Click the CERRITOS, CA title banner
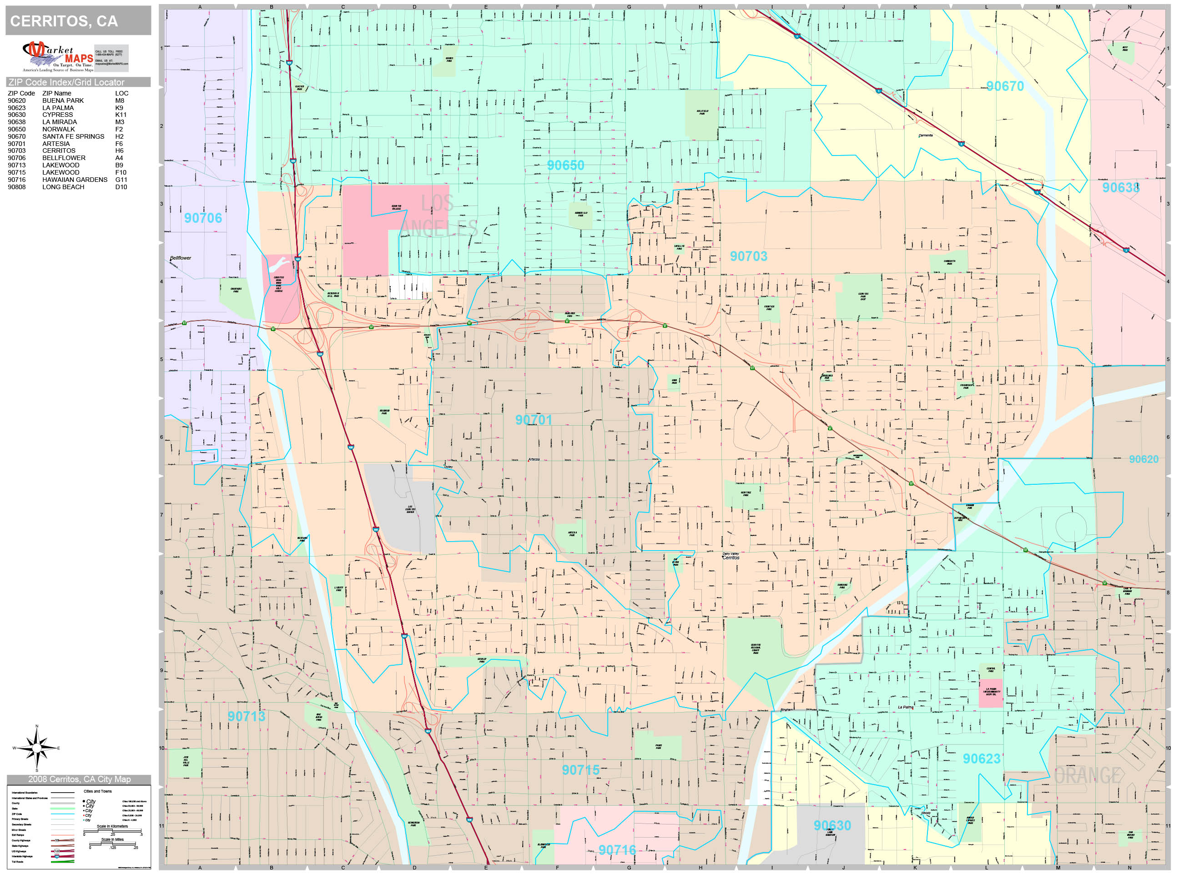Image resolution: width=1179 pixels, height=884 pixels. pos(78,21)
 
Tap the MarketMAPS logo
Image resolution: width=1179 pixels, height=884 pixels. pos(58,56)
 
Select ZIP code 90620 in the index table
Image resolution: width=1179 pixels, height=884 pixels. pos(16,100)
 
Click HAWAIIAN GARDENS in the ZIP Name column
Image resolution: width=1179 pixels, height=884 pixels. pos(75,180)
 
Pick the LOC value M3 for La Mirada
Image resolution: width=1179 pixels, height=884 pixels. pos(119,122)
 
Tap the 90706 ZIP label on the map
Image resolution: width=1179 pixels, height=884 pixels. pos(202,218)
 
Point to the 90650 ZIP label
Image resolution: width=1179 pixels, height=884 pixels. pos(565,166)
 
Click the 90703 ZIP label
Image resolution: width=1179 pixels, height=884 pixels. pos(748,256)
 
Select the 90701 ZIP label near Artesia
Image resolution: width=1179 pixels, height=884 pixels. pos(534,420)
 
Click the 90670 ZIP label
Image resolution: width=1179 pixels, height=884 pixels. pos(1005,86)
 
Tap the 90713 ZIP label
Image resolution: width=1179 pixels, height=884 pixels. pos(246,717)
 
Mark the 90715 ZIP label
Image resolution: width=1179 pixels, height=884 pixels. pos(580,770)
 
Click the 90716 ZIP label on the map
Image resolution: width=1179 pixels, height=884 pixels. pos(617,850)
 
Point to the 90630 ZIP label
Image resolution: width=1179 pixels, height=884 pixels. pos(832,826)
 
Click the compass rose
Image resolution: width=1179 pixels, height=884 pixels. pos(36,748)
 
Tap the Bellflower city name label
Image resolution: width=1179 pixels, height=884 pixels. pos(180,258)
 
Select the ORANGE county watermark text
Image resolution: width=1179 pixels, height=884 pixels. pos(1088,776)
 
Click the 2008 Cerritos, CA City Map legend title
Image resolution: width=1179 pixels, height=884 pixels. pos(79,779)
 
